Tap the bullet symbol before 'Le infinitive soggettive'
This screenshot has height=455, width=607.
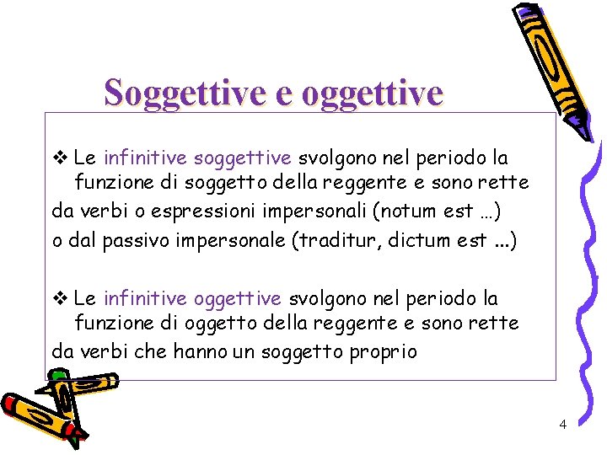(59, 158)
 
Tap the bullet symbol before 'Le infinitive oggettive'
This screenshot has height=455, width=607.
(59, 298)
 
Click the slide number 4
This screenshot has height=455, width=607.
(562, 424)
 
